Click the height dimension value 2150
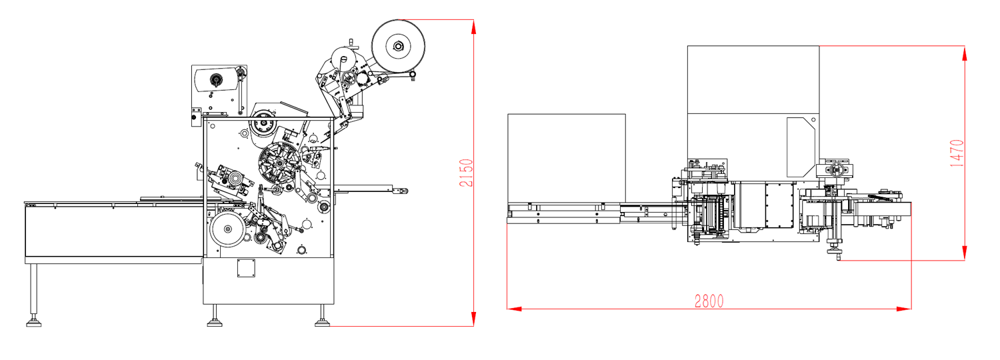coord(466,173)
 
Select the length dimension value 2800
coord(709,301)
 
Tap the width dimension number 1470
coord(957,153)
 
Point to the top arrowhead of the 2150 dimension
coord(473,27)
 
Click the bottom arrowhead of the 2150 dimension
coord(473,319)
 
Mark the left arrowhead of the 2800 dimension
coord(514,309)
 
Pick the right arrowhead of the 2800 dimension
coord(904,309)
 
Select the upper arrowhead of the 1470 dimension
coord(964,53)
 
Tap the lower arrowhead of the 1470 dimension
coord(964,253)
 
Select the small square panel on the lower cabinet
coord(246,268)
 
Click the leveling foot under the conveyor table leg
coord(33,323)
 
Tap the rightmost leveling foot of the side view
coord(322,323)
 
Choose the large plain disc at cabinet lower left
coord(228,229)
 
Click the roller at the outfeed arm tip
coord(403,191)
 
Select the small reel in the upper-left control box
coord(215,81)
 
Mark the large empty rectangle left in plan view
coord(567,158)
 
